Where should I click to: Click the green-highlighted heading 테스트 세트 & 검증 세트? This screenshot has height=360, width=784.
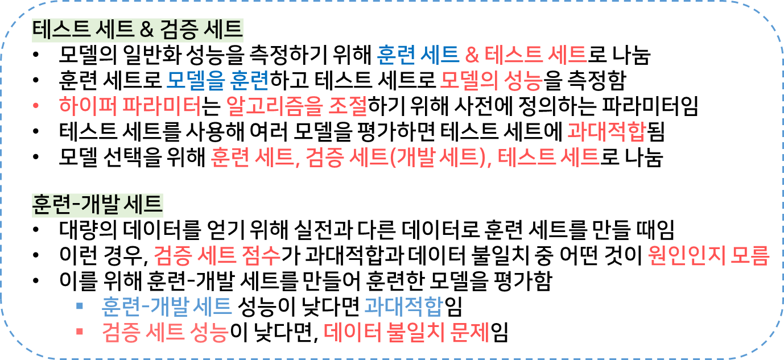pos(138,30)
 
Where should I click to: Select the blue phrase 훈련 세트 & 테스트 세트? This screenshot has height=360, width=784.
pos(481,55)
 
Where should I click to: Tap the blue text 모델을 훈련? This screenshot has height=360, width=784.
pos(217,81)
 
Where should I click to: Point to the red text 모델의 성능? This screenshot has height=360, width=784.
pos(491,81)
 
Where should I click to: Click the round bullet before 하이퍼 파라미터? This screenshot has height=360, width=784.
pos(36,106)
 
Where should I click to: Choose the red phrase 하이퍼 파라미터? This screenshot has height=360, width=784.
pos(130,106)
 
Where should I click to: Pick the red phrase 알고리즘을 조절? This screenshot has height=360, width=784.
pos(296,106)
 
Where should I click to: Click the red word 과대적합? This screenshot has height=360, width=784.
pos(606,132)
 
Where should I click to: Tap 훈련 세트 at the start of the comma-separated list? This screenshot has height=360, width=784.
pos(252,156)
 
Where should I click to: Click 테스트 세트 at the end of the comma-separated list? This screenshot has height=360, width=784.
pos(548,156)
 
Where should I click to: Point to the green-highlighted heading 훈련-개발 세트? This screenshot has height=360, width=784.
pos(97,205)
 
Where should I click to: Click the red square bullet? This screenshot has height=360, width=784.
pos(80,332)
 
